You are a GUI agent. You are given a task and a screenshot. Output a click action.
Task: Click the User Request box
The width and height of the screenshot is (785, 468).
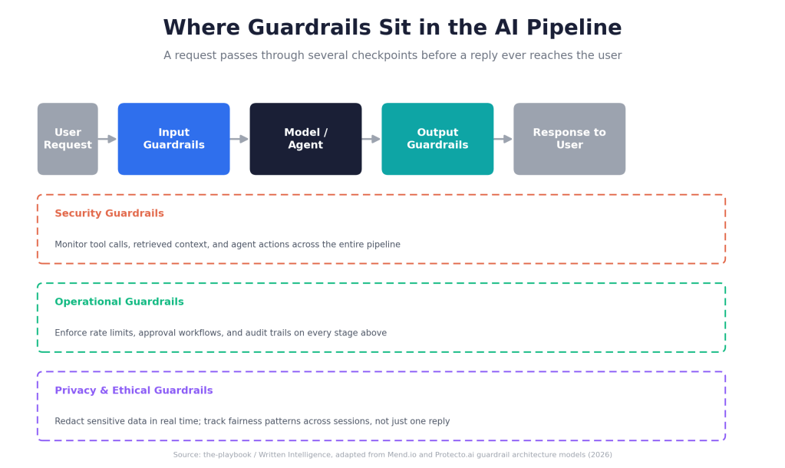click(x=68, y=139)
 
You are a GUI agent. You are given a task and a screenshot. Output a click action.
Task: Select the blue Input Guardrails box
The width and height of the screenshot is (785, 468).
click(x=173, y=139)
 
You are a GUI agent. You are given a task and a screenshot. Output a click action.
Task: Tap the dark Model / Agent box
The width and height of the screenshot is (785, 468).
click(x=306, y=139)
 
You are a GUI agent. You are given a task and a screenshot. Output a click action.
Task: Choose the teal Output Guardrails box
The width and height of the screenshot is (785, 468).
click(x=437, y=139)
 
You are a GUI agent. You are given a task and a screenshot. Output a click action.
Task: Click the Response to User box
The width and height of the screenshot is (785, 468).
click(x=569, y=139)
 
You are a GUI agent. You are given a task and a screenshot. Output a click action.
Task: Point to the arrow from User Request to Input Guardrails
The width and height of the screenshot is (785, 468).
click(x=107, y=139)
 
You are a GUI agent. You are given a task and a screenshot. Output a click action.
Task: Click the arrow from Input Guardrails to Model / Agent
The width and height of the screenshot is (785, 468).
click(x=239, y=139)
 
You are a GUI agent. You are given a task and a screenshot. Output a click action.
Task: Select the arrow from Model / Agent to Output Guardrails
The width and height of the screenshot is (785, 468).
click(x=371, y=139)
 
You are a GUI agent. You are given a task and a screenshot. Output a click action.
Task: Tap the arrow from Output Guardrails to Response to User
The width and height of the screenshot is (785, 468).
click(x=503, y=139)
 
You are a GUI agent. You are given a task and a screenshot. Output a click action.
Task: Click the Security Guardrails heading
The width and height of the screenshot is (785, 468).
click(x=109, y=213)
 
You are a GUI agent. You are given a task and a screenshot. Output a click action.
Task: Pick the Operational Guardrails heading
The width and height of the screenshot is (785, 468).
click(x=119, y=302)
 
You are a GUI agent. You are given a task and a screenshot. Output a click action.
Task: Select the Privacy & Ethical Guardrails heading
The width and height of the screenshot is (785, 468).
click(x=134, y=391)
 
